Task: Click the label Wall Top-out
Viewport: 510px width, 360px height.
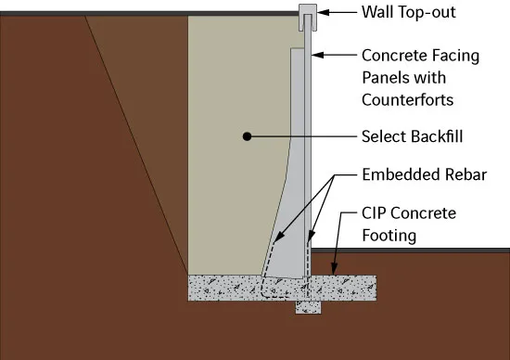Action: [x=409, y=12]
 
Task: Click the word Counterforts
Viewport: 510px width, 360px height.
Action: [x=408, y=99]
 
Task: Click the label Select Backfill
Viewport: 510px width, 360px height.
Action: [x=412, y=136]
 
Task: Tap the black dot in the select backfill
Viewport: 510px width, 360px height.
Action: [x=247, y=136]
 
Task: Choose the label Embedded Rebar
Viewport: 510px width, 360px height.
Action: [x=424, y=174]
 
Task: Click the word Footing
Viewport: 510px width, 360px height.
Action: [x=389, y=236]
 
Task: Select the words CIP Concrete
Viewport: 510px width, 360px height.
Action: [x=409, y=213]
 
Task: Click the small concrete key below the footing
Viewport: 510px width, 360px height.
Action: [x=308, y=307]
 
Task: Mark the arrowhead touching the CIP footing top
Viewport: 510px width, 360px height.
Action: [x=334, y=269]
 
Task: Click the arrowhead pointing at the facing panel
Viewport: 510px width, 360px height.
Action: [x=318, y=55]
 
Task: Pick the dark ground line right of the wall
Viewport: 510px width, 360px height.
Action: [x=411, y=251]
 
